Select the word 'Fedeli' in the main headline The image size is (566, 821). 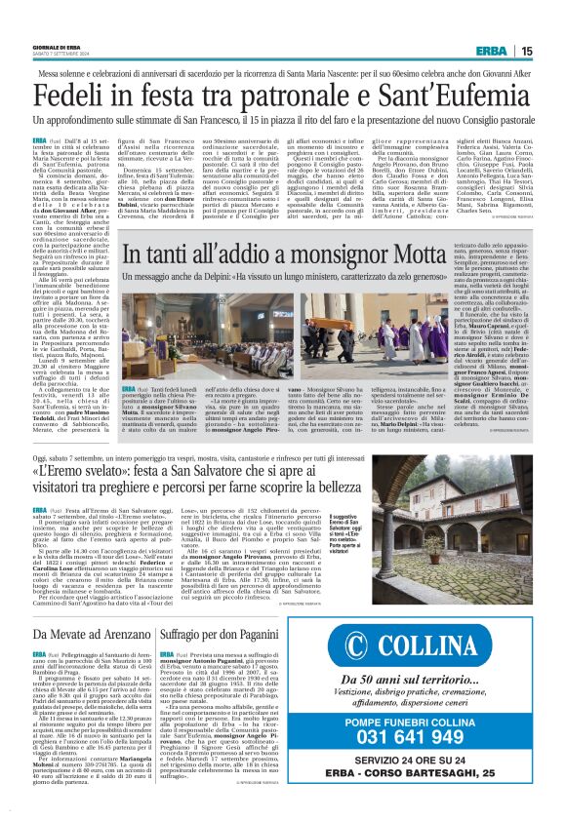tap(74, 96)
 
